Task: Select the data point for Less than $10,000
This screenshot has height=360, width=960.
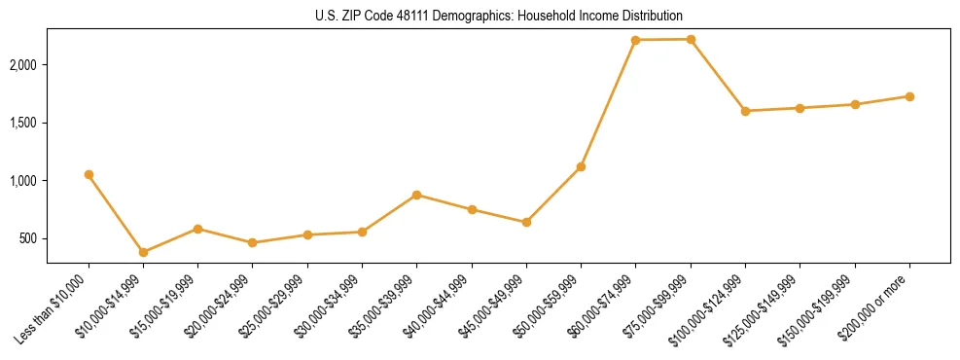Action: click(89, 174)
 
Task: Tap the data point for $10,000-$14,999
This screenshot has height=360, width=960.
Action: click(143, 252)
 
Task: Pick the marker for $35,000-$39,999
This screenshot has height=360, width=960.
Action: click(416, 195)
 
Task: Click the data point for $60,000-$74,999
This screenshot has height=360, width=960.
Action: click(635, 40)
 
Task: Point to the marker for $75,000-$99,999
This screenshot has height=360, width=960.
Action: click(691, 39)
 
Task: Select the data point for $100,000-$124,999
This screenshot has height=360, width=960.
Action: click(745, 111)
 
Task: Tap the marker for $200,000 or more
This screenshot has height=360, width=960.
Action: click(909, 96)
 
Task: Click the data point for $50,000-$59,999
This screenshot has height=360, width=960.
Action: click(581, 166)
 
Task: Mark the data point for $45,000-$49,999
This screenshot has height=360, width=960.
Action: click(526, 222)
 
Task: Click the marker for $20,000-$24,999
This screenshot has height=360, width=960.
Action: click(253, 242)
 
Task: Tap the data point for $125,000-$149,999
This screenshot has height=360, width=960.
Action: click(800, 108)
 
